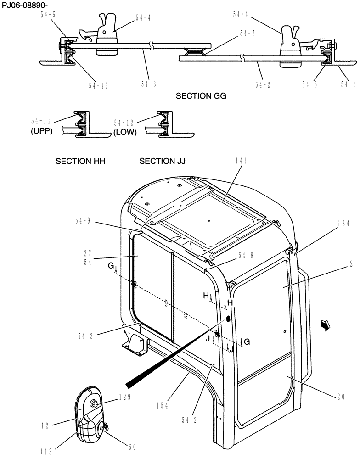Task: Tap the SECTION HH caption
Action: coord(80,162)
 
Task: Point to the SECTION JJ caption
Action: coord(162,162)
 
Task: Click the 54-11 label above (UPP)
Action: coord(41,121)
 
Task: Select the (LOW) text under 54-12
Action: coord(125,132)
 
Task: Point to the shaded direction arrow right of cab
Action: coord(325,325)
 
